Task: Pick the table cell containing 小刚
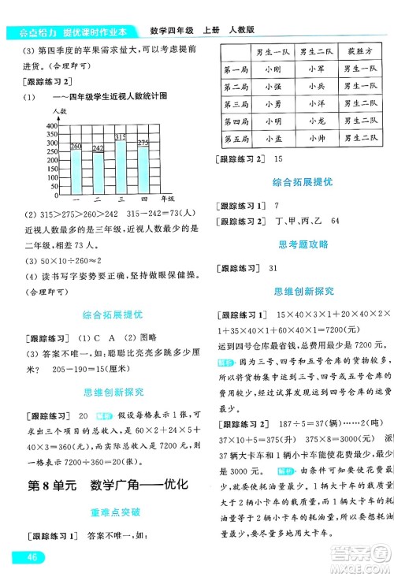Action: [x=273, y=69]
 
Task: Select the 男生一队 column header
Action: [x=273, y=52]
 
